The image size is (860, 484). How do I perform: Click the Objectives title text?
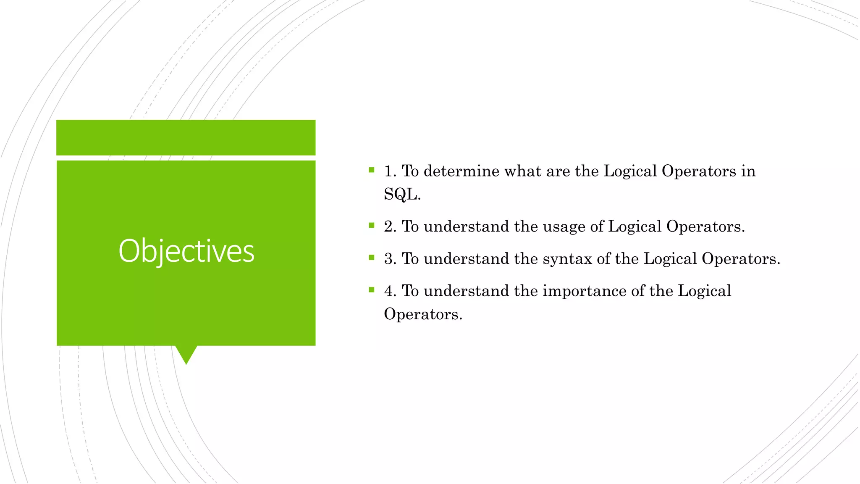pyautogui.click(x=186, y=251)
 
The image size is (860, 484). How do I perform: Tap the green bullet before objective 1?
pyautogui.click(x=371, y=170)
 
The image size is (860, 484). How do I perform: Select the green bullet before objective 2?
pyautogui.click(x=371, y=226)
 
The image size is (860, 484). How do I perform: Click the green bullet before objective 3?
pyautogui.click(x=371, y=258)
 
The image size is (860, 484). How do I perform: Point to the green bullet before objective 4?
pyautogui.click(x=371, y=289)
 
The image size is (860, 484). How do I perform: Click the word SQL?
pyautogui.click(x=401, y=194)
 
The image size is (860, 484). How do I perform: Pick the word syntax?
pyautogui.click(x=567, y=259)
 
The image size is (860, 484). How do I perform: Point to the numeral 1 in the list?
pyautogui.click(x=389, y=171)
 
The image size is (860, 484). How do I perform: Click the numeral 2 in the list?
pyautogui.click(x=389, y=226)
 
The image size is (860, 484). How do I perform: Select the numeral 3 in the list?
pyautogui.click(x=389, y=259)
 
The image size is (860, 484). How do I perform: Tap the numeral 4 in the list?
pyautogui.click(x=389, y=291)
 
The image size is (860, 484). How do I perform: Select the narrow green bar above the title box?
pyautogui.click(x=186, y=137)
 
